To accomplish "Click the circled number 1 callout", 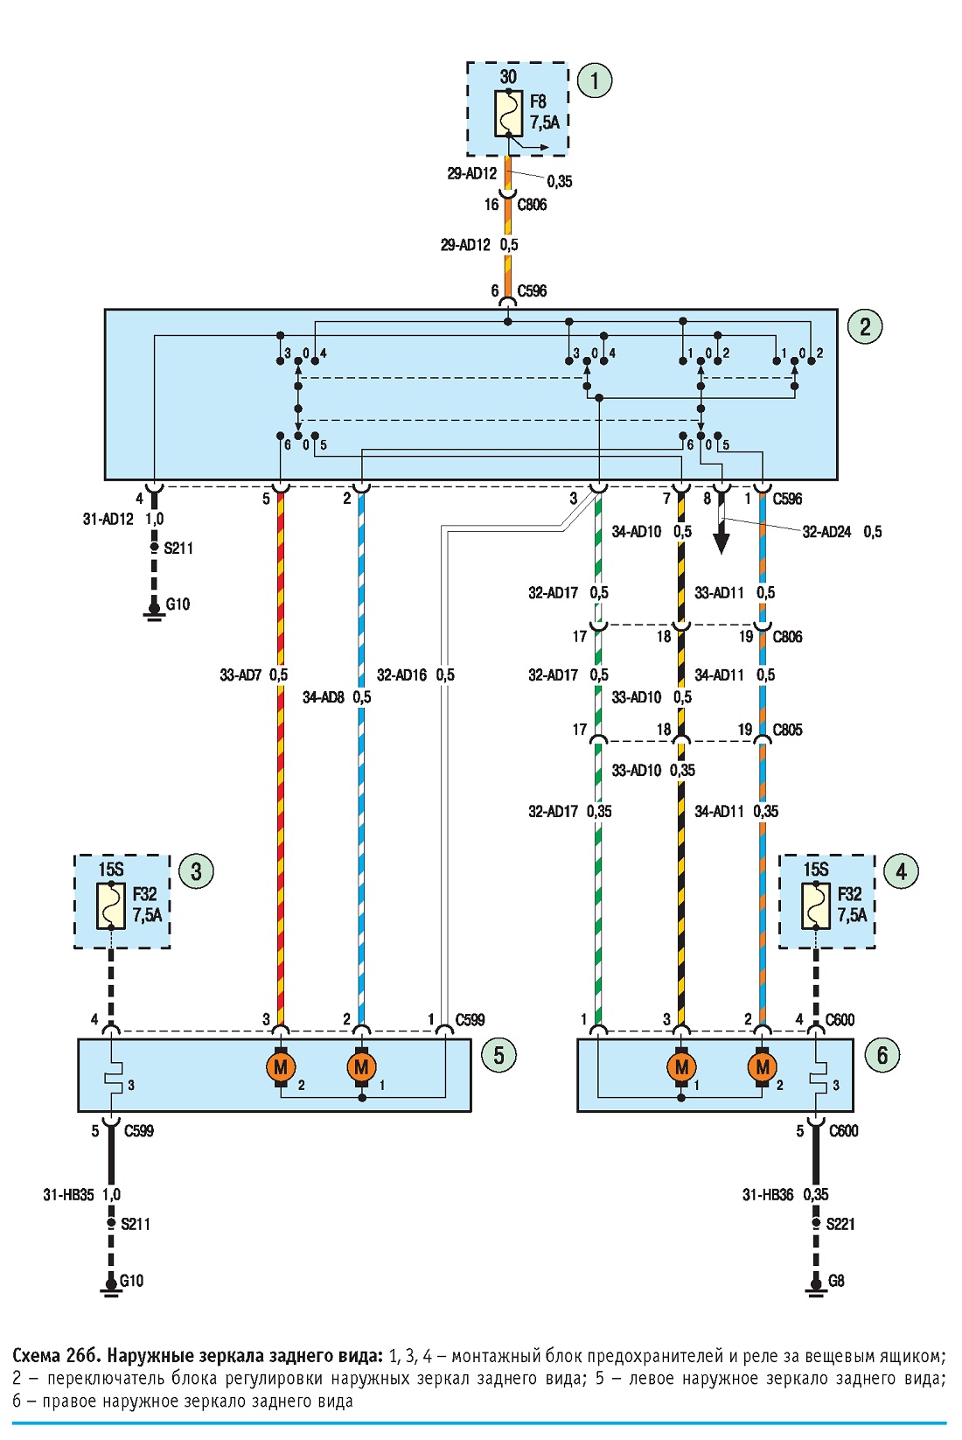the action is (595, 81).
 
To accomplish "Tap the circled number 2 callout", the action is (865, 326).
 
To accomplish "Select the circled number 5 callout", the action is (498, 1056).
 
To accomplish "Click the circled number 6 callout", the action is (882, 1056).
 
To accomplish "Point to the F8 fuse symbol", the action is (508, 114).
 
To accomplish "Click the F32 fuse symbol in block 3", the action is (111, 906).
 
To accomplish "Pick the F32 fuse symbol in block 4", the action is (816, 906).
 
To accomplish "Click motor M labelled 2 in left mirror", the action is (281, 1068).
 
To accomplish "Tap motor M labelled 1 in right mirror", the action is (682, 1068).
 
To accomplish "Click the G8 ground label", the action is (836, 1281).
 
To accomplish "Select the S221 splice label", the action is (840, 1224).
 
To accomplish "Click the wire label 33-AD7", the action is (240, 675).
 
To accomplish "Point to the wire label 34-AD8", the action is (324, 697).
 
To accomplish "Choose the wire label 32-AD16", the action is (401, 675).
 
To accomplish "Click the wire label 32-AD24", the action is (826, 532).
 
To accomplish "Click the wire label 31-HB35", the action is (68, 1195).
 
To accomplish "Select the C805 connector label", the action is (787, 730).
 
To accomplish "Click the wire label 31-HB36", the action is (768, 1195).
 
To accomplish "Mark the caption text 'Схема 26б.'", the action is (56, 1356).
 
